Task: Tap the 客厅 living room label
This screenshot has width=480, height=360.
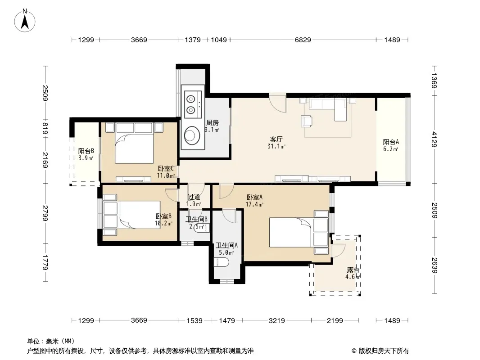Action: (276, 139)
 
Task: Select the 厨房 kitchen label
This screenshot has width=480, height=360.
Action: (212, 123)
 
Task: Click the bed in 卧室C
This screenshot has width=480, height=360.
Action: (134, 143)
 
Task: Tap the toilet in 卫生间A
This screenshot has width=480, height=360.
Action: (222, 262)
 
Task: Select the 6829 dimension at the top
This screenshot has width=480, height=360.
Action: (303, 40)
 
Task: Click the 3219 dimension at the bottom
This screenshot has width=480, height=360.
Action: (277, 320)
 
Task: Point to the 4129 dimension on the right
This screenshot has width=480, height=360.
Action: (434, 139)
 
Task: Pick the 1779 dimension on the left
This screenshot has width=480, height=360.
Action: (45, 262)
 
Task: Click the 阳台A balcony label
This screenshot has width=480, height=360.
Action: (391, 142)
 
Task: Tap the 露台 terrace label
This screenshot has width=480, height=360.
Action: (353, 270)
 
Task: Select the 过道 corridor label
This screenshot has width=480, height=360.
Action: (194, 197)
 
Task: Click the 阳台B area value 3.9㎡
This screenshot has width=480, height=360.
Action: (86, 158)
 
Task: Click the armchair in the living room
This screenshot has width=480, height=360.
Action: (307, 121)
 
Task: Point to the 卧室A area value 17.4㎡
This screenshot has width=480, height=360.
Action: (254, 204)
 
